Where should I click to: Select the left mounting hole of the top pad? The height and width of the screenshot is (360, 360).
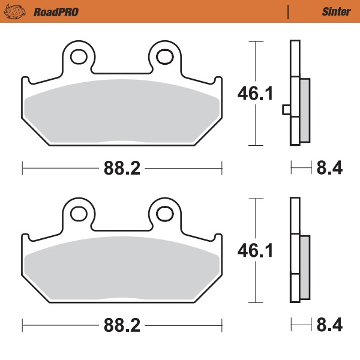[78, 57]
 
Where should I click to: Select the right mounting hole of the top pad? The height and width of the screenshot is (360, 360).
[165, 57]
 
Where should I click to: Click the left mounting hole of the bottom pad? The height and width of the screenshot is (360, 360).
[78, 214]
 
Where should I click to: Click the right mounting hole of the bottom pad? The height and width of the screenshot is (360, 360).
[165, 214]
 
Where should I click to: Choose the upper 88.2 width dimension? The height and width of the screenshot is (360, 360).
[122, 169]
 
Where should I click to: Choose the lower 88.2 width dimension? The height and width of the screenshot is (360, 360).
[122, 325]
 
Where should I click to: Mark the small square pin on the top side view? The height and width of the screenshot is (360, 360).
[286, 110]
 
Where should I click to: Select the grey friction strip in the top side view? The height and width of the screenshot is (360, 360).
[305, 111]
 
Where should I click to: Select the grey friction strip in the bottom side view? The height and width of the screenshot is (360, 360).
[305, 268]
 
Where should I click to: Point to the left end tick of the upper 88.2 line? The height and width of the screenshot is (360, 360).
[22, 169]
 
